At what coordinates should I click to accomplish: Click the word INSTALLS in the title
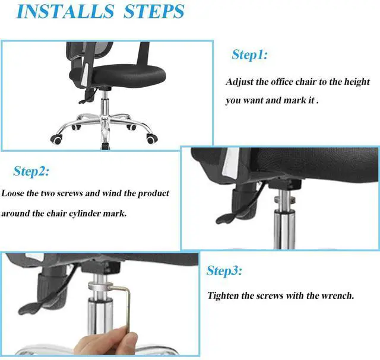65,11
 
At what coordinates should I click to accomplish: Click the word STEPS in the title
154,11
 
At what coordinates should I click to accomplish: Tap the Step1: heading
249,55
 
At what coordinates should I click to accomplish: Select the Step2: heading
31,171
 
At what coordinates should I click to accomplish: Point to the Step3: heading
224,270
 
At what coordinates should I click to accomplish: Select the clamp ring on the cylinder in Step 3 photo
100,286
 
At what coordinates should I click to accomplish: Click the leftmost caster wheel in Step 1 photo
57,139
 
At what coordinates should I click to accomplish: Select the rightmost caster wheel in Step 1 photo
152,139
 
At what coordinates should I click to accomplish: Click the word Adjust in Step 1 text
239,82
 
